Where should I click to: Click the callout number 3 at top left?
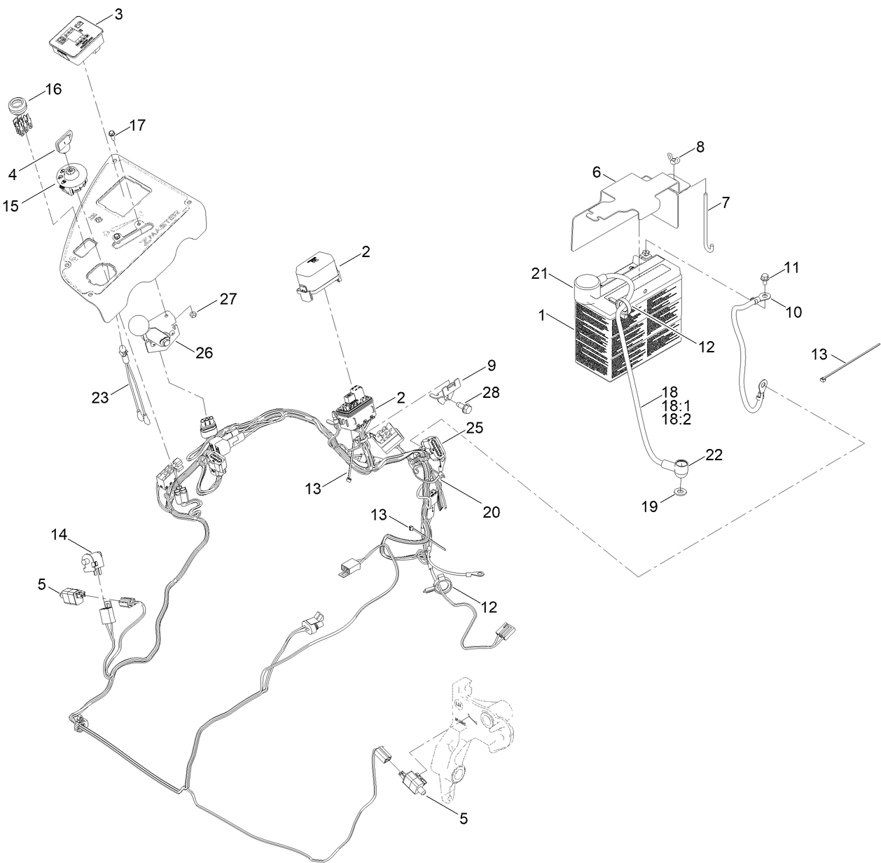119,13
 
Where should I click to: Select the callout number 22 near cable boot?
713,455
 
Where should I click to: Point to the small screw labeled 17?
111,132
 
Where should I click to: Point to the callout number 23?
100,397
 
